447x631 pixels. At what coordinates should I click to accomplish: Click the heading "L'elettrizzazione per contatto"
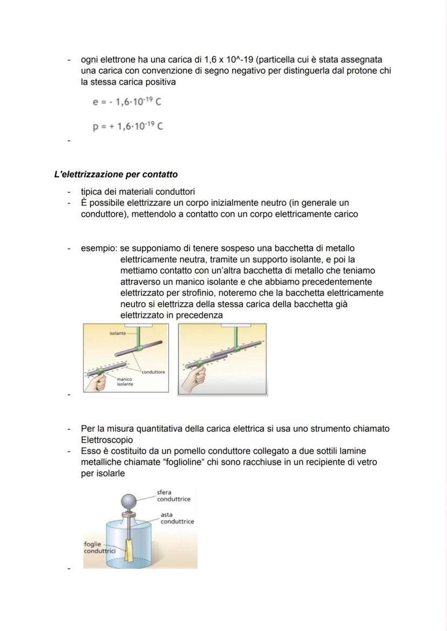116,174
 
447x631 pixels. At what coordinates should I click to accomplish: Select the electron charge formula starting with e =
127,102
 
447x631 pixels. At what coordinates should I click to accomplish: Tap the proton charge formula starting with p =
127,126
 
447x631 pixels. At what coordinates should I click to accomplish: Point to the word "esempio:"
99,248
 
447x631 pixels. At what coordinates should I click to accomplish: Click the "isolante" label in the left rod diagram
117,334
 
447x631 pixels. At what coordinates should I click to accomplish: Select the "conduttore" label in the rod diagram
153,372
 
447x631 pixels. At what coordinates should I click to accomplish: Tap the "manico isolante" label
125,381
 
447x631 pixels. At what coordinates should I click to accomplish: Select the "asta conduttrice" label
177,518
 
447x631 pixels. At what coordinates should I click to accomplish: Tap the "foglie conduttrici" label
96,547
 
